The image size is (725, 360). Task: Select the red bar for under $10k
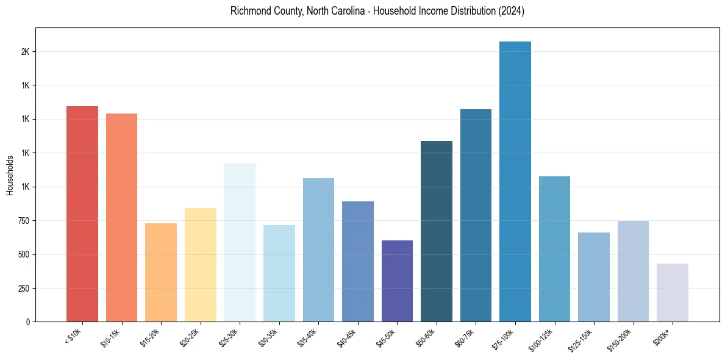click(82, 214)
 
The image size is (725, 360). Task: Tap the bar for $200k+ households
click(673, 293)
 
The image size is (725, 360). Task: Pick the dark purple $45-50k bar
click(397, 281)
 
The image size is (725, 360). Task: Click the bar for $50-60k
click(437, 231)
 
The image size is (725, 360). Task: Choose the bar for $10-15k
click(121, 217)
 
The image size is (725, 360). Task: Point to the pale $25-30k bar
click(240, 242)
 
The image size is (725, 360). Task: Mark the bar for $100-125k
click(554, 249)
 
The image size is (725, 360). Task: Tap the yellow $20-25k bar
click(200, 265)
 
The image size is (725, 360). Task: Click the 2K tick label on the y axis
click(25, 52)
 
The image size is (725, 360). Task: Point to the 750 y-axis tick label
click(24, 221)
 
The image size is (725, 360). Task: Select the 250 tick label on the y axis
click(24, 288)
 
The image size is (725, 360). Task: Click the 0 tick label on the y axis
click(28, 322)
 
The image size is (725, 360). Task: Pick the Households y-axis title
click(10, 175)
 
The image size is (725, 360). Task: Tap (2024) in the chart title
click(511, 11)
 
